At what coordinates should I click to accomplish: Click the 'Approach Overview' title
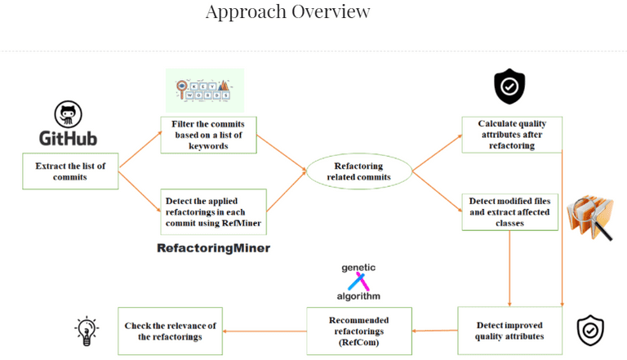(287, 12)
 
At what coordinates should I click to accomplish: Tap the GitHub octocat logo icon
(69, 114)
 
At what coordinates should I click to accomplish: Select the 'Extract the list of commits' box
(71, 171)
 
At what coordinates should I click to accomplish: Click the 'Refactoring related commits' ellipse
(358, 172)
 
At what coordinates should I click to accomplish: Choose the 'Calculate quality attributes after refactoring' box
(511, 135)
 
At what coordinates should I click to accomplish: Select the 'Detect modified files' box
(511, 211)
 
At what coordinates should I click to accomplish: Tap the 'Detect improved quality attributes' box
(510, 331)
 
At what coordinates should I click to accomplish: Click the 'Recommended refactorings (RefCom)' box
(359, 331)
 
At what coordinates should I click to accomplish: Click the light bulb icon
(87, 331)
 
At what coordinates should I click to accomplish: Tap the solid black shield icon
(509, 86)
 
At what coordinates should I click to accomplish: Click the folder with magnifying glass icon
(589, 216)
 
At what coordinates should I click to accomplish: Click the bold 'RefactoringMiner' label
(213, 247)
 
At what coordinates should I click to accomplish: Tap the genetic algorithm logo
(359, 281)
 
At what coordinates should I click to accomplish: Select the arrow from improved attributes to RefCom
(434, 331)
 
